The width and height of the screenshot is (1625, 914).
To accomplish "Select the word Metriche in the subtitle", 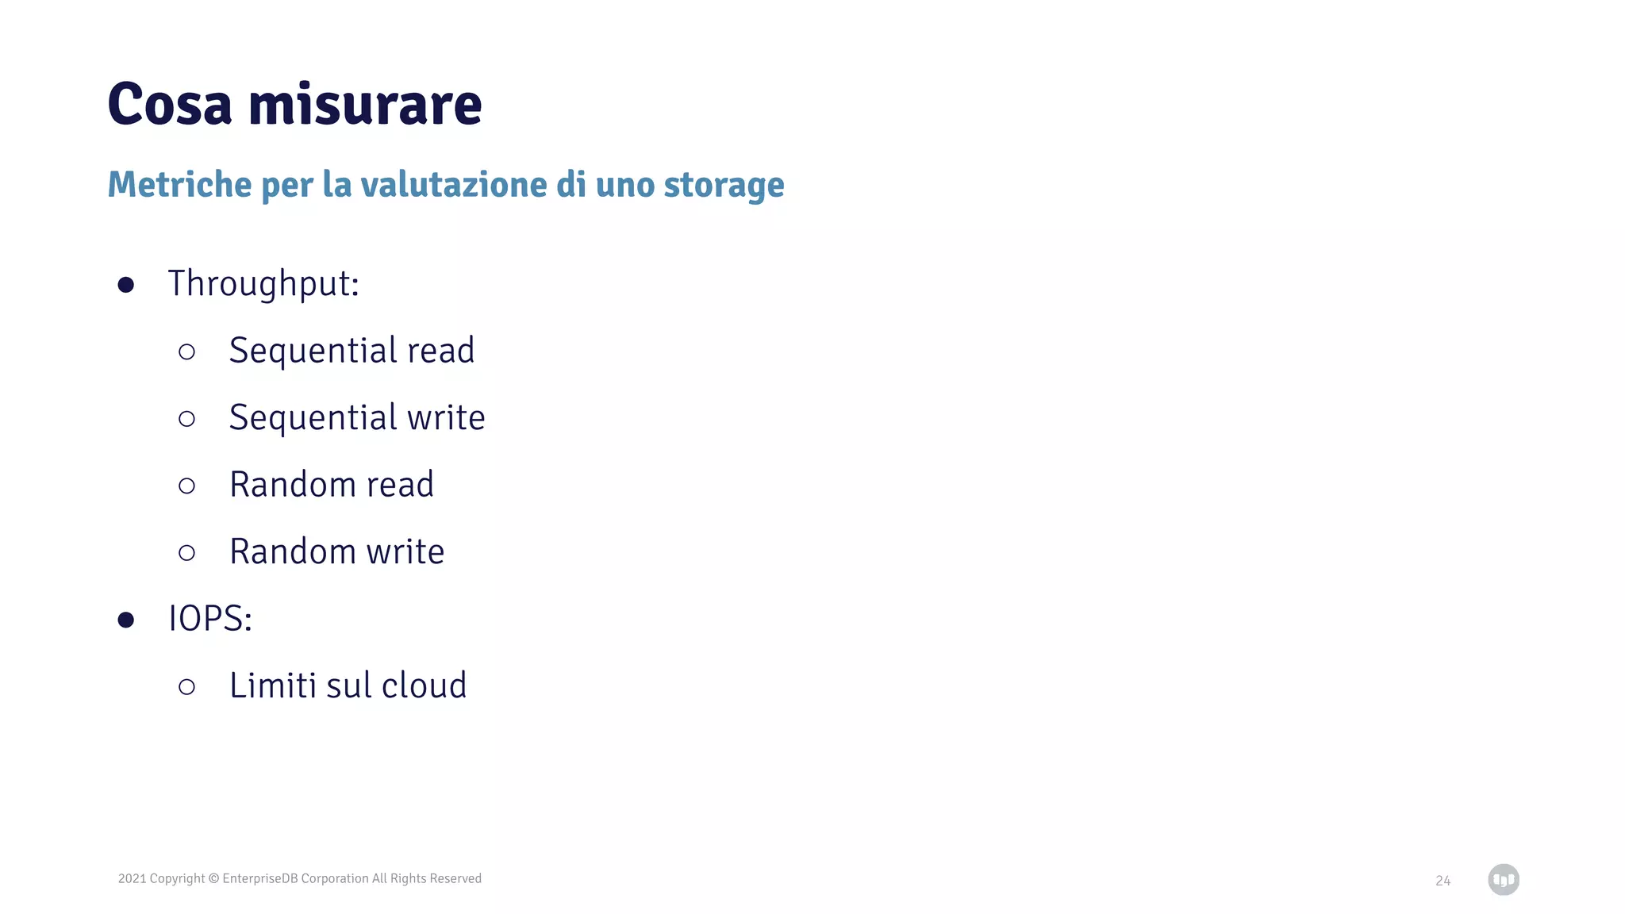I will pyautogui.click(x=179, y=184).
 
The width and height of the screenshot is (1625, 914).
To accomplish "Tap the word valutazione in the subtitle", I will pyautogui.click(x=454, y=184).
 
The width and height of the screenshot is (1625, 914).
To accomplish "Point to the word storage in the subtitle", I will pyautogui.click(x=724, y=186).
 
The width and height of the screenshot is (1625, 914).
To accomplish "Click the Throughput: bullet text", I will pyautogui.click(x=263, y=284).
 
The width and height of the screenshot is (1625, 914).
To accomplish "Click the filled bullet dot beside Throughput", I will pyautogui.click(x=125, y=285).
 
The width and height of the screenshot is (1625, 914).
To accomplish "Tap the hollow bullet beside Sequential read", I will pyautogui.click(x=187, y=351).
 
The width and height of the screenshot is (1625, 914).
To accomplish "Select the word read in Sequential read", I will pyautogui.click(x=440, y=351).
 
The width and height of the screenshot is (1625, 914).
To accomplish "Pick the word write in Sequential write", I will pyautogui.click(x=446, y=418).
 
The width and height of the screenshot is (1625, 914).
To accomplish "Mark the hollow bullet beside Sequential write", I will pyautogui.click(x=187, y=418).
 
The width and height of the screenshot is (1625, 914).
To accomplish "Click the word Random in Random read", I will pyautogui.click(x=293, y=485).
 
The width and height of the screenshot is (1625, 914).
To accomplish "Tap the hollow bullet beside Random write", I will pyautogui.click(x=187, y=552).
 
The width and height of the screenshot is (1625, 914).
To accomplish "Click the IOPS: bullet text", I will pyautogui.click(x=210, y=619).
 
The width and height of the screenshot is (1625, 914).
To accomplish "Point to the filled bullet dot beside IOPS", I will pyautogui.click(x=125, y=620).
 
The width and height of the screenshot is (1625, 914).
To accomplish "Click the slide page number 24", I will pyautogui.click(x=1443, y=881).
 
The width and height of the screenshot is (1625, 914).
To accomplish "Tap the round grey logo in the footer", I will pyautogui.click(x=1503, y=879).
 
